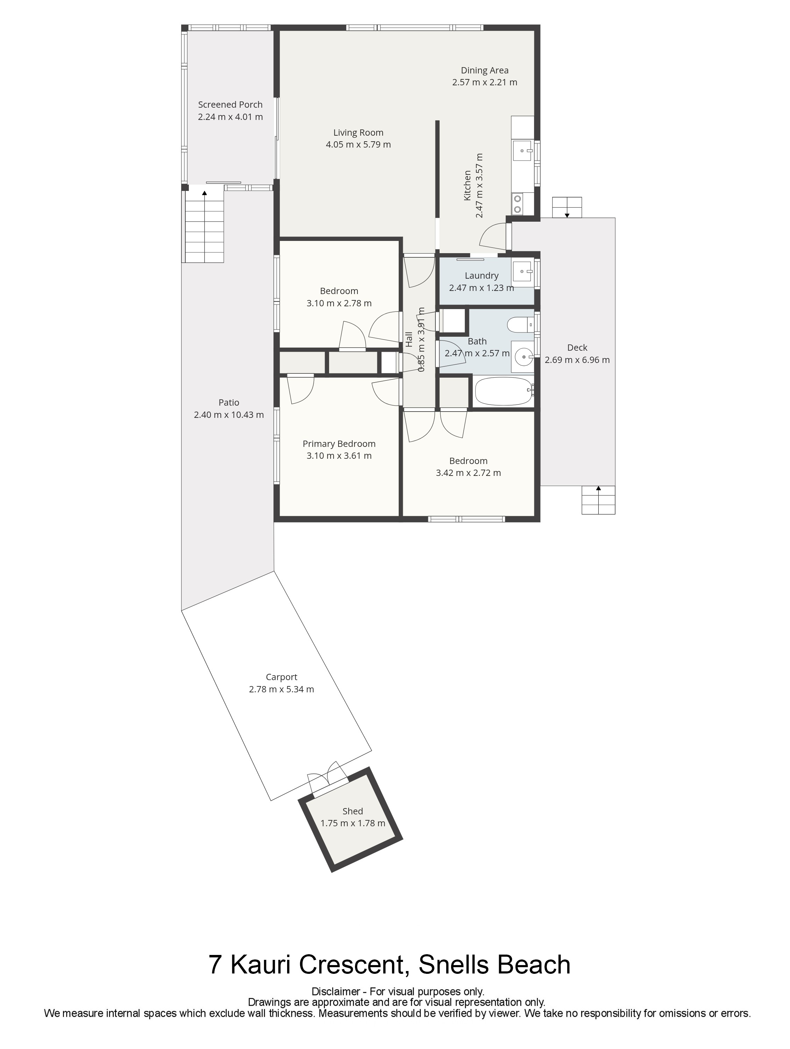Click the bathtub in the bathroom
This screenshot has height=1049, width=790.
[x=504, y=391]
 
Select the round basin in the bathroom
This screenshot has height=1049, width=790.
[x=523, y=356]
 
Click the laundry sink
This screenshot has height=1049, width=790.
[x=523, y=272]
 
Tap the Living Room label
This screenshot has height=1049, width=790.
[x=358, y=133]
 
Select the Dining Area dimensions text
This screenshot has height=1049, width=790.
[x=485, y=82]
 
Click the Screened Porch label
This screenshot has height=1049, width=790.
[x=230, y=105]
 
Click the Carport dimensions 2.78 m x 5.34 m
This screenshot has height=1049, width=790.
[x=281, y=689]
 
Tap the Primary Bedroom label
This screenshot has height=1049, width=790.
[x=339, y=444]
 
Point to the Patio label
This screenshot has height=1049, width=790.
[x=229, y=402]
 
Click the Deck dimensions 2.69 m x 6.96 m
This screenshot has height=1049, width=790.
[x=577, y=360]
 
